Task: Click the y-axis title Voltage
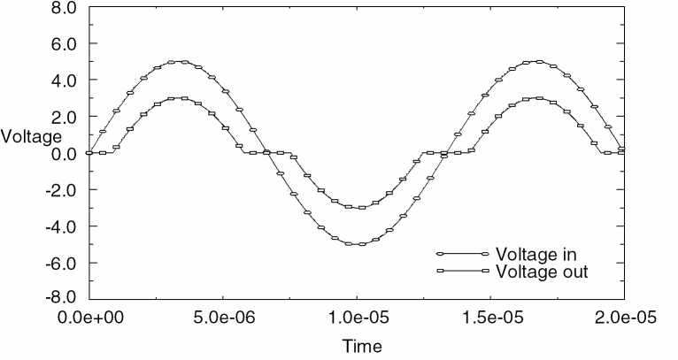coord(31,136)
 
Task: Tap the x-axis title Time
coord(363,346)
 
